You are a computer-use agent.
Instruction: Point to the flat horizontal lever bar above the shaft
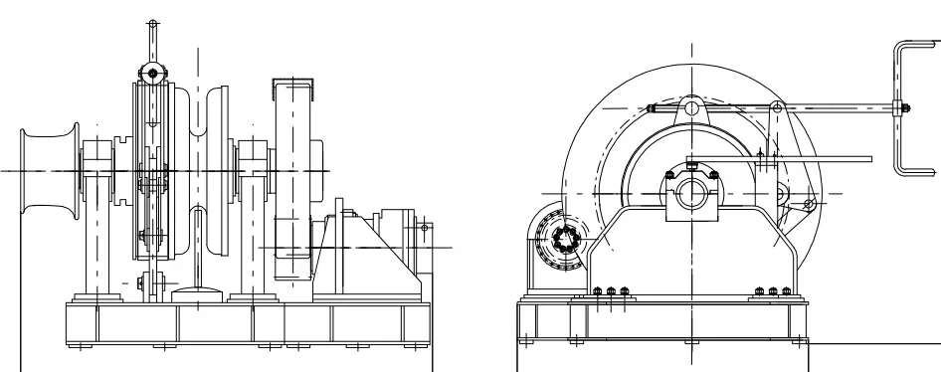click(x=786, y=158)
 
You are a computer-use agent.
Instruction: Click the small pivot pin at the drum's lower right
click(x=808, y=205)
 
